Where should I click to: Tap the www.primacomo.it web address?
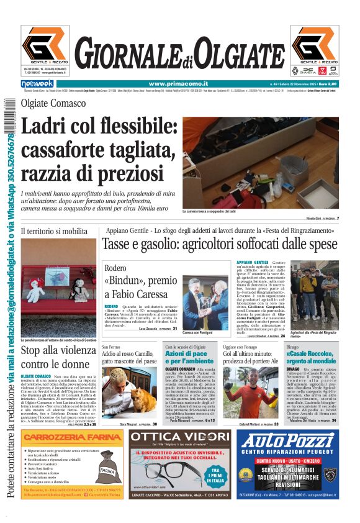pyautogui.click(x=174, y=84)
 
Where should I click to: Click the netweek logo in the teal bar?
pyautogui.click(x=37, y=84)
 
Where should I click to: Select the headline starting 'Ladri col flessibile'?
pyautogui.click(x=99, y=150)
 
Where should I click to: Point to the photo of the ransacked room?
pyautogui.click(x=261, y=163)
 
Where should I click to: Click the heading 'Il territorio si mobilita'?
pyautogui.click(x=54, y=231)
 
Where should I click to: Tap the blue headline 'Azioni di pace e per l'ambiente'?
pyautogui.click(x=189, y=357)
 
